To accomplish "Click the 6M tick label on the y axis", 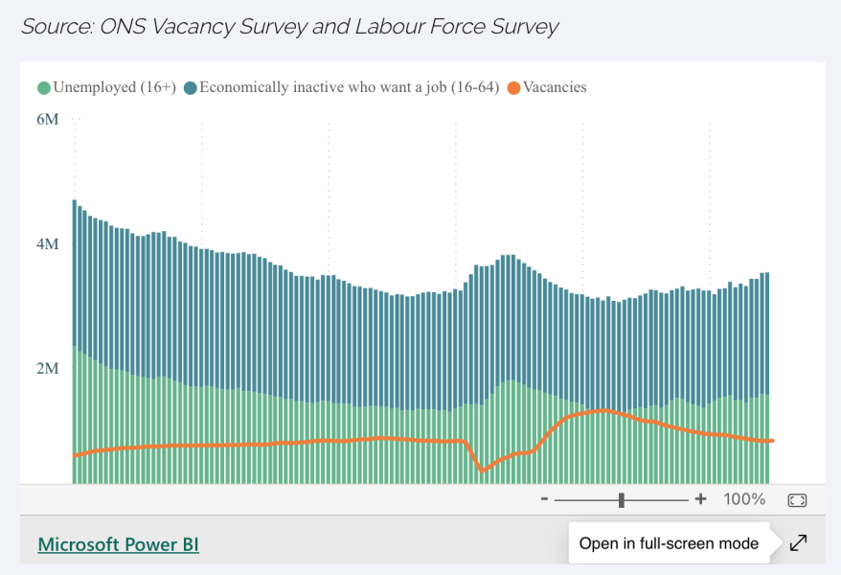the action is (x=48, y=119).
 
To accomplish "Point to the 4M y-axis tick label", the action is (x=48, y=244).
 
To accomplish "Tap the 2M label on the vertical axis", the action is (x=48, y=369).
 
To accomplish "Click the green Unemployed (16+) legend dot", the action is (x=44, y=88).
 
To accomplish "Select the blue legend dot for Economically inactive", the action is (x=191, y=88).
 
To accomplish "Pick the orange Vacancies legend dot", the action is (x=513, y=88).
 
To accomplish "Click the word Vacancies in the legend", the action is (x=555, y=87).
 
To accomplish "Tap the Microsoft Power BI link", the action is (x=119, y=544).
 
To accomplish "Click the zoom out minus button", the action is (x=544, y=499).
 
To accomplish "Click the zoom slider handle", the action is (x=622, y=500).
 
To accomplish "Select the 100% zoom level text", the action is (x=744, y=499).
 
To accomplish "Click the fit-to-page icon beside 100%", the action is (x=797, y=500).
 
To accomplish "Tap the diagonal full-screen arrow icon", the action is (x=799, y=542).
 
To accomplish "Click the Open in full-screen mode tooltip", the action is (x=669, y=543).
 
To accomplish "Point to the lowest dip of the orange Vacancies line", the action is (x=482, y=471).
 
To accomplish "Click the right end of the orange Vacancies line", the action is (x=773, y=441).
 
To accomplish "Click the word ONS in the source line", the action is (x=123, y=26).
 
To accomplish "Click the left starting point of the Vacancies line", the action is (x=75, y=456).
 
